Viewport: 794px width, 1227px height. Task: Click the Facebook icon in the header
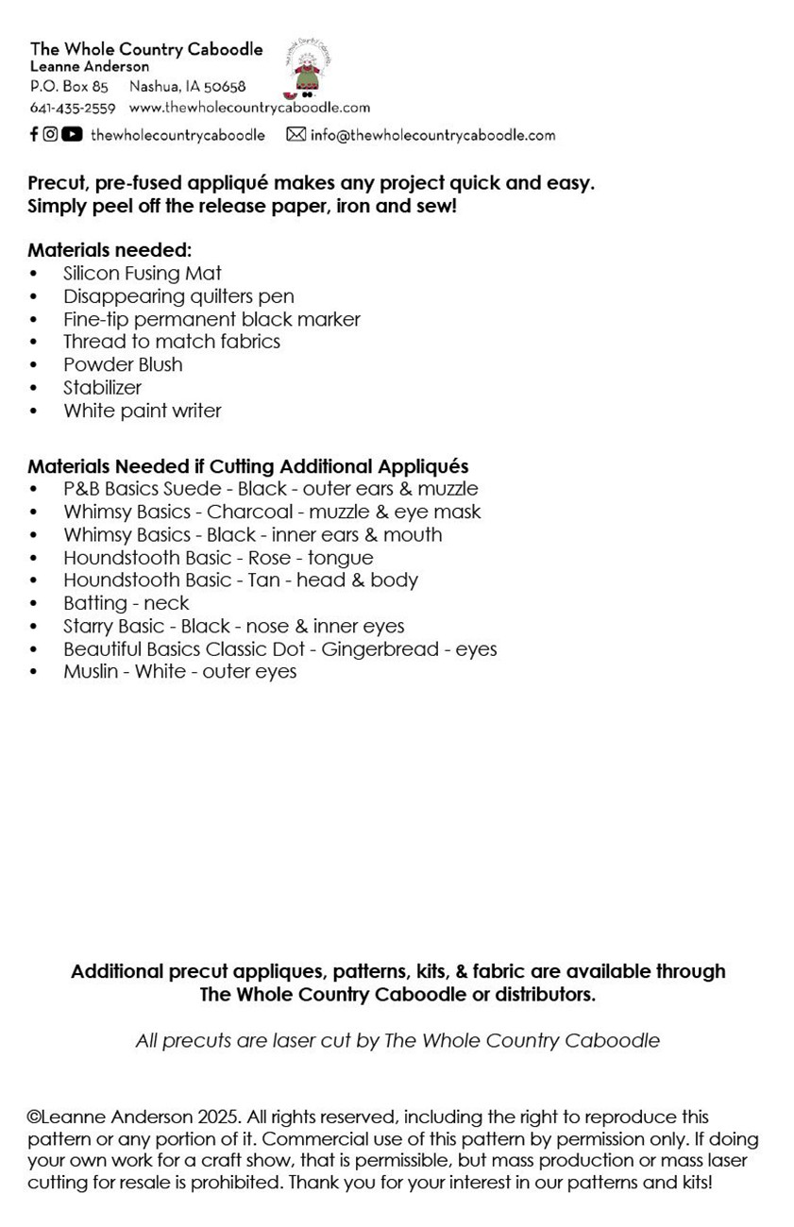click(34, 134)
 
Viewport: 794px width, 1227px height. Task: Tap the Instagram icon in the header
click(51, 134)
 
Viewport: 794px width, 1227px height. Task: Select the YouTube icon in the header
click(72, 134)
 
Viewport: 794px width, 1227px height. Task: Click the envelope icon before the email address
click(296, 135)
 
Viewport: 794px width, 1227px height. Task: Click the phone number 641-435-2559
click(73, 108)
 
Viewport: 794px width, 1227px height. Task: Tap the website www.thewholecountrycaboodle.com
click(249, 108)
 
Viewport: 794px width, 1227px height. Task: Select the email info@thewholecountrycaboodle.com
click(432, 135)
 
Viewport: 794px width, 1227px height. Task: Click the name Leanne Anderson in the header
click(90, 67)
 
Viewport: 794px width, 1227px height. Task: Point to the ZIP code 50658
click(225, 87)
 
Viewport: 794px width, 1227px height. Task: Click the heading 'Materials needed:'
click(110, 250)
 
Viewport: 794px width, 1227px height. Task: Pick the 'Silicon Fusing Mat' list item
click(143, 274)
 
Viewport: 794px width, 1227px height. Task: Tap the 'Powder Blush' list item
click(123, 364)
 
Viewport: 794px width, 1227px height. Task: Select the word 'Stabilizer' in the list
click(102, 387)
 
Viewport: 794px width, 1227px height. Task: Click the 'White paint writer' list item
click(143, 411)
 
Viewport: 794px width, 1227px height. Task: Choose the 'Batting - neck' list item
click(127, 603)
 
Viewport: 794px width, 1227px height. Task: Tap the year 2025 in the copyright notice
click(219, 1118)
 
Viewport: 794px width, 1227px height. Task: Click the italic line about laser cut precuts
click(397, 1041)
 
